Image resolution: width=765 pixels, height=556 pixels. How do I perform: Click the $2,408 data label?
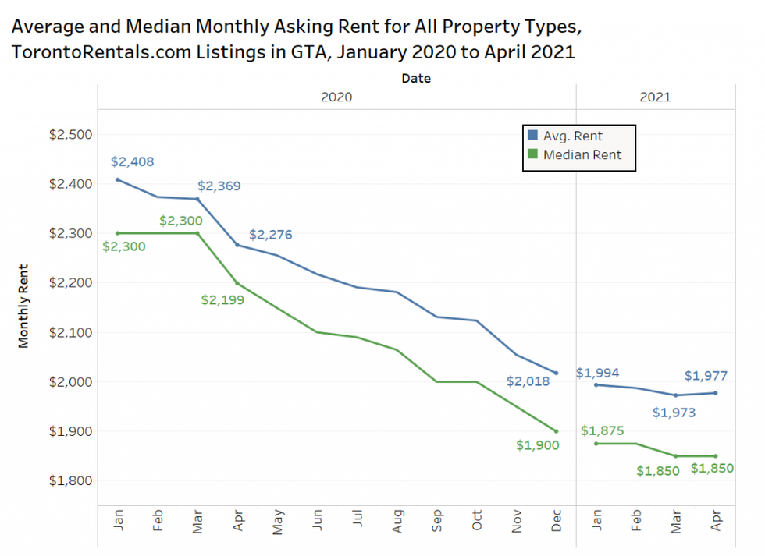[x=132, y=162]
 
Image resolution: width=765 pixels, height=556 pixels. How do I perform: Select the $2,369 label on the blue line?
[x=219, y=186]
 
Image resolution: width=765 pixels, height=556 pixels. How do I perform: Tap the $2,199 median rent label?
[x=222, y=299]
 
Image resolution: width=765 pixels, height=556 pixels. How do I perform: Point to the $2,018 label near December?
[x=528, y=381]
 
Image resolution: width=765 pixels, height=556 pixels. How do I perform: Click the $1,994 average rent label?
[x=597, y=373]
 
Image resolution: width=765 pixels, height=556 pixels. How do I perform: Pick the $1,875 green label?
[x=602, y=430]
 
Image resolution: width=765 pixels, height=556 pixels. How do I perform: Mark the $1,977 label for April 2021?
[x=706, y=375]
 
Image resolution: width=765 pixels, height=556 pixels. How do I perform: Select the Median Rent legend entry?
[x=582, y=154]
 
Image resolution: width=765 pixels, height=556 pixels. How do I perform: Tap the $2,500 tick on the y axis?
[x=70, y=134]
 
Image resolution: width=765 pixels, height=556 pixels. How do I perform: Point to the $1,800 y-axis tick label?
[x=70, y=480]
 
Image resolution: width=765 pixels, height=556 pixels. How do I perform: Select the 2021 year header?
[x=654, y=97]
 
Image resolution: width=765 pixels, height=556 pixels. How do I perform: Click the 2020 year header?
[x=336, y=97]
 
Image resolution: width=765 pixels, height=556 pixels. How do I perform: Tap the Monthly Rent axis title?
[x=23, y=304]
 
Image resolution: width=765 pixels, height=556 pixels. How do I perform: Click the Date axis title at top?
[x=415, y=78]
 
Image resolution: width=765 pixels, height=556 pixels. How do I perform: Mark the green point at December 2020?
[x=556, y=431]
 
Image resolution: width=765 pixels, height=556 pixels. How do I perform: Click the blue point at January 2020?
[x=118, y=179]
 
